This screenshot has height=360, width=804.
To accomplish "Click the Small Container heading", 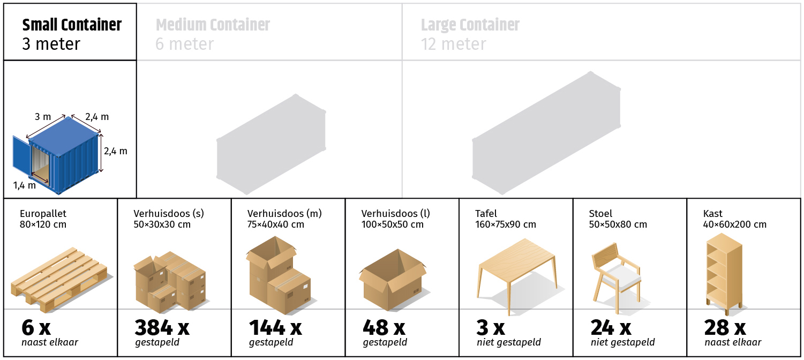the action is click(72, 25).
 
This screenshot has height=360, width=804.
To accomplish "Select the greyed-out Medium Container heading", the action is click(213, 25).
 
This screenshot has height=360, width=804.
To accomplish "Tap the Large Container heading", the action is click(470, 25).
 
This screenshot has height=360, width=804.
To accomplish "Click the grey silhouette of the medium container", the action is click(271, 144).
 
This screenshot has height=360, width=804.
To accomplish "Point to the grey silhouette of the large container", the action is click(546, 133).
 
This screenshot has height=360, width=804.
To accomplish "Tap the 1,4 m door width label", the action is click(25, 185).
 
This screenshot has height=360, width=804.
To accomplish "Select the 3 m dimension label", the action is click(43, 117).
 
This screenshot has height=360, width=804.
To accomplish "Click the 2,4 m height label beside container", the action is click(116, 151).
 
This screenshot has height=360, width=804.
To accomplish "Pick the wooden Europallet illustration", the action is click(59, 279).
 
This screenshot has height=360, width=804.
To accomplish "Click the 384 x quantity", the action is click(162, 327).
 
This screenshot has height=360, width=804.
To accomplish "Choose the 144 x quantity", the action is click(275, 327).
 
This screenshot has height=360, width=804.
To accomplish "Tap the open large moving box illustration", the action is click(393, 280).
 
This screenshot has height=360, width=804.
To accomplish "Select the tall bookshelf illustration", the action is click(724, 274).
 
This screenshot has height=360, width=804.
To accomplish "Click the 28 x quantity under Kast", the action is click(725, 327).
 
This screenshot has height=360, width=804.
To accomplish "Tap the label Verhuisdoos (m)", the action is click(284, 214).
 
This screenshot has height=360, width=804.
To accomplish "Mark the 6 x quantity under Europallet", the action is click(36, 327).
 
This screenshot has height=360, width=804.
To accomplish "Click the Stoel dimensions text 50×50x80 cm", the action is click(618, 224).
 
